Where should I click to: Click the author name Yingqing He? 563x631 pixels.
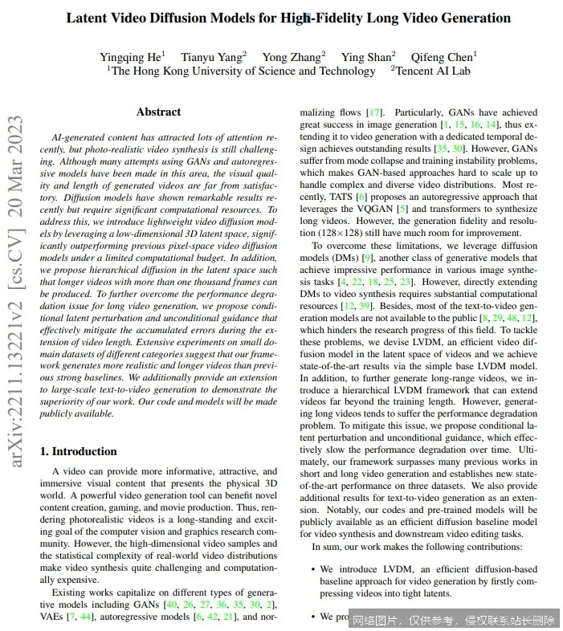click(129, 56)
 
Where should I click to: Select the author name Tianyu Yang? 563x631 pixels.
click(211, 56)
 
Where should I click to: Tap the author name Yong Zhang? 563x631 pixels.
click(291, 56)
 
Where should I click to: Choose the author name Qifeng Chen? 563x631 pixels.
click(442, 56)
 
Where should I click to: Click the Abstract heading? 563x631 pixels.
click(158, 112)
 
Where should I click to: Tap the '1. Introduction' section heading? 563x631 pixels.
click(79, 451)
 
